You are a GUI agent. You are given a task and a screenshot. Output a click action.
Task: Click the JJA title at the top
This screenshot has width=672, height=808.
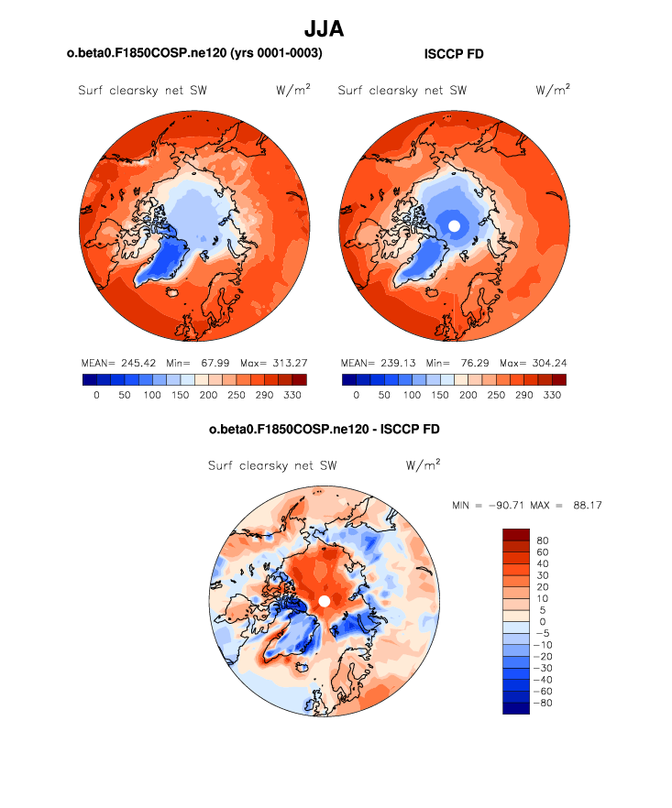tap(324, 29)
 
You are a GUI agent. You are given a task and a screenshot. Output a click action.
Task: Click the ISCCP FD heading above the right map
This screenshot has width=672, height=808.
tap(454, 54)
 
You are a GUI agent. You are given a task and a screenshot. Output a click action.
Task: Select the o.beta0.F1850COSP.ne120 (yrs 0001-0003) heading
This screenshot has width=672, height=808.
tap(194, 54)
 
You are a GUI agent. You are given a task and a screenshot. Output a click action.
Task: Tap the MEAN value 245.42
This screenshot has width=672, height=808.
tap(138, 362)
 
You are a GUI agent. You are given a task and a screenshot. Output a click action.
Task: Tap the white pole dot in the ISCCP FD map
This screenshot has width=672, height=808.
tap(453, 225)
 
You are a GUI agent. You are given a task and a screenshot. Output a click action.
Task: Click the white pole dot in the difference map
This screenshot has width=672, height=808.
tap(324, 601)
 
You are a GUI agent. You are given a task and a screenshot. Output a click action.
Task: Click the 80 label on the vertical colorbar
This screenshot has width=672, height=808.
tap(544, 540)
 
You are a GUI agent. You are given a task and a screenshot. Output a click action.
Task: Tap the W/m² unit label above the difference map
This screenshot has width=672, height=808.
tap(423, 464)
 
